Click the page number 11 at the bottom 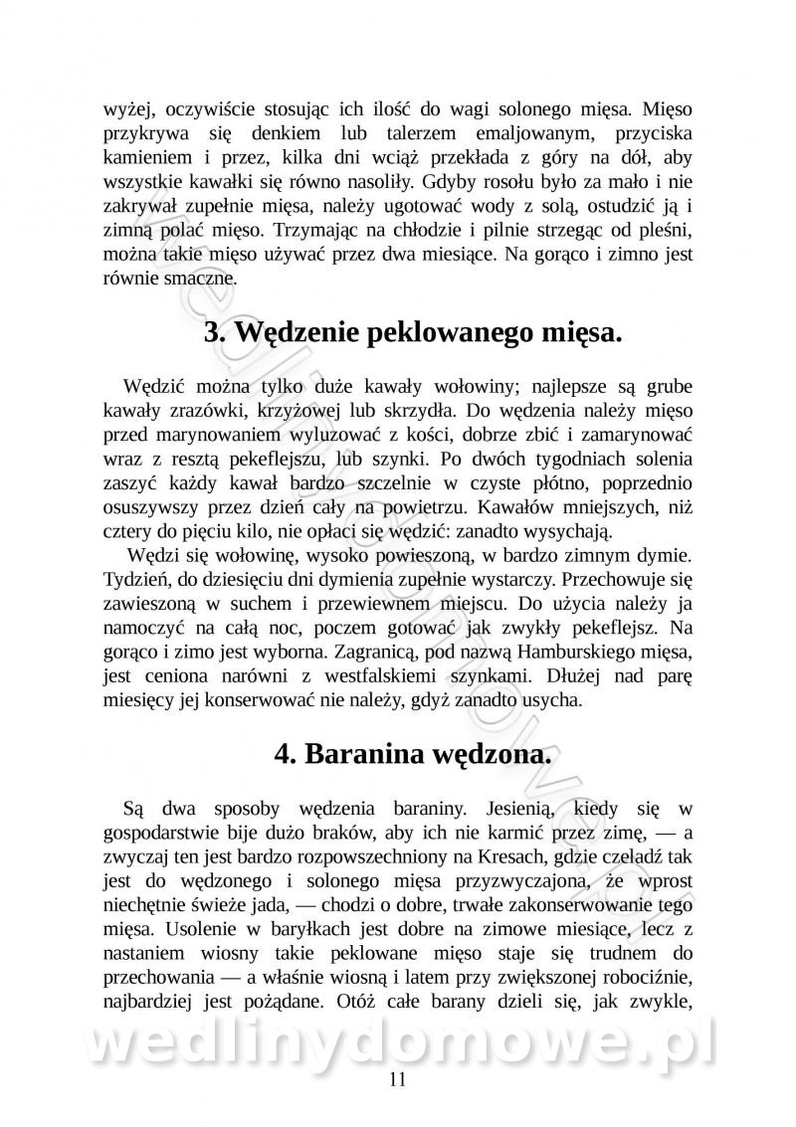[398, 1080]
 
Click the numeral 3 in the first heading [212, 332]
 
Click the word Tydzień [135, 579]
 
